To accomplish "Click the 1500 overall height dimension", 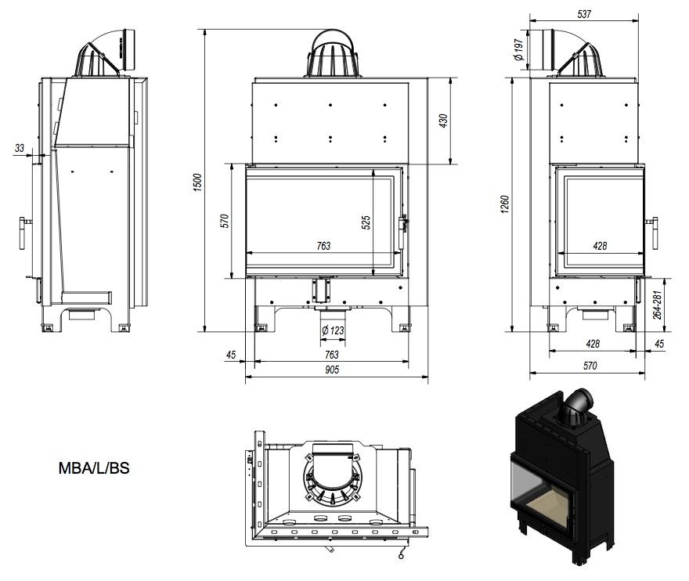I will point(198,182).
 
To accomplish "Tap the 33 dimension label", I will point(20,146).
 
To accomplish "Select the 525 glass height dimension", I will point(365,222).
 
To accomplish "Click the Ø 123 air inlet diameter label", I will point(332,330).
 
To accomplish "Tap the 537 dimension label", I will point(584,13).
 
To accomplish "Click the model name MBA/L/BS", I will point(94,469).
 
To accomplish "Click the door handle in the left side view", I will point(23,233).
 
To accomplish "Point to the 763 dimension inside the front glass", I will point(323,246).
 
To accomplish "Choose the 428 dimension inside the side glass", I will point(600,246).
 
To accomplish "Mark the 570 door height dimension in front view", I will point(224,221).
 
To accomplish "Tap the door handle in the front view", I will point(404,223).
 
